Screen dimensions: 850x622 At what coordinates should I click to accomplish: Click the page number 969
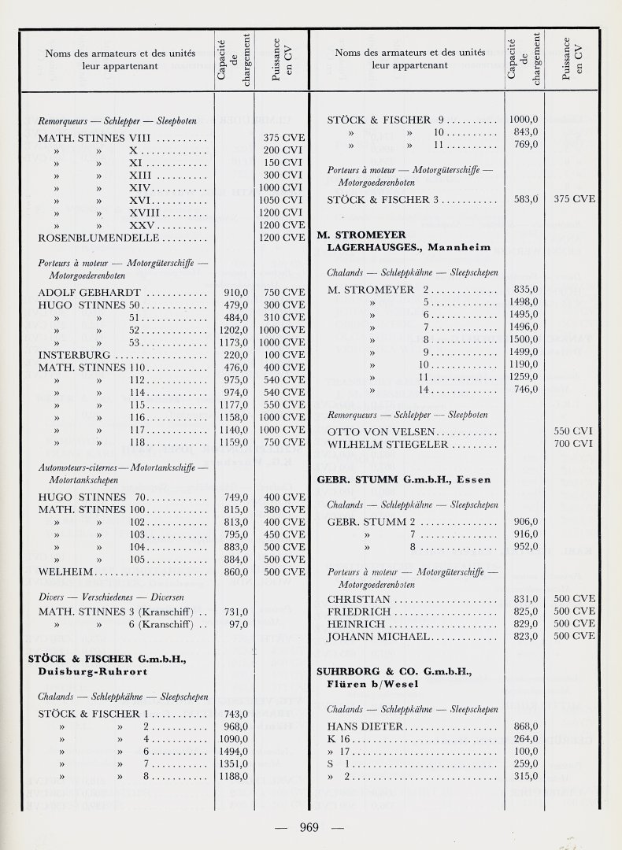coord(309,826)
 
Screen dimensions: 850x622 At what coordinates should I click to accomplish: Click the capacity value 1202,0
coord(234,331)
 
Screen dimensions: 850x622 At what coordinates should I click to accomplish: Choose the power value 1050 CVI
coord(283,201)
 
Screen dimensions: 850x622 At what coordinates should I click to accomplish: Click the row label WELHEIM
coord(66,571)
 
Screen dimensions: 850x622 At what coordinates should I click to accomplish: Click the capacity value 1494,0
coord(234,752)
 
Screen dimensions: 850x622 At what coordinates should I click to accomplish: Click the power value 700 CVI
coord(573,444)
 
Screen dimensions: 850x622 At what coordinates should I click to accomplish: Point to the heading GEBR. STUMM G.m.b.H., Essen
coord(403,479)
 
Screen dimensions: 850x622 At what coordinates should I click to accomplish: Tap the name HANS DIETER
coord(365,726)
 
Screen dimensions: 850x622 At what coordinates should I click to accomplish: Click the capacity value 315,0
coord(524,776)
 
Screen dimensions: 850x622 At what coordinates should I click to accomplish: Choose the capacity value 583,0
coord(524,200)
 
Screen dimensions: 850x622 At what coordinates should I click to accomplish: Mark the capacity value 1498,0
coord(524,301)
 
